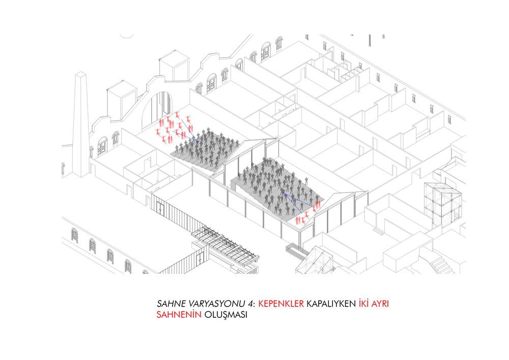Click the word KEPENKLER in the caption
[281, 303]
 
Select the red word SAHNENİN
[179, 315]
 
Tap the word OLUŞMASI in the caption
[226, 315]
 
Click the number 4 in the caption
[251, 303]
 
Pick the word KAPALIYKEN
[331, 303]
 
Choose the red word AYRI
[380, 303]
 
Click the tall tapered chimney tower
[81, 125]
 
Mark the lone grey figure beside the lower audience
[306, 181]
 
